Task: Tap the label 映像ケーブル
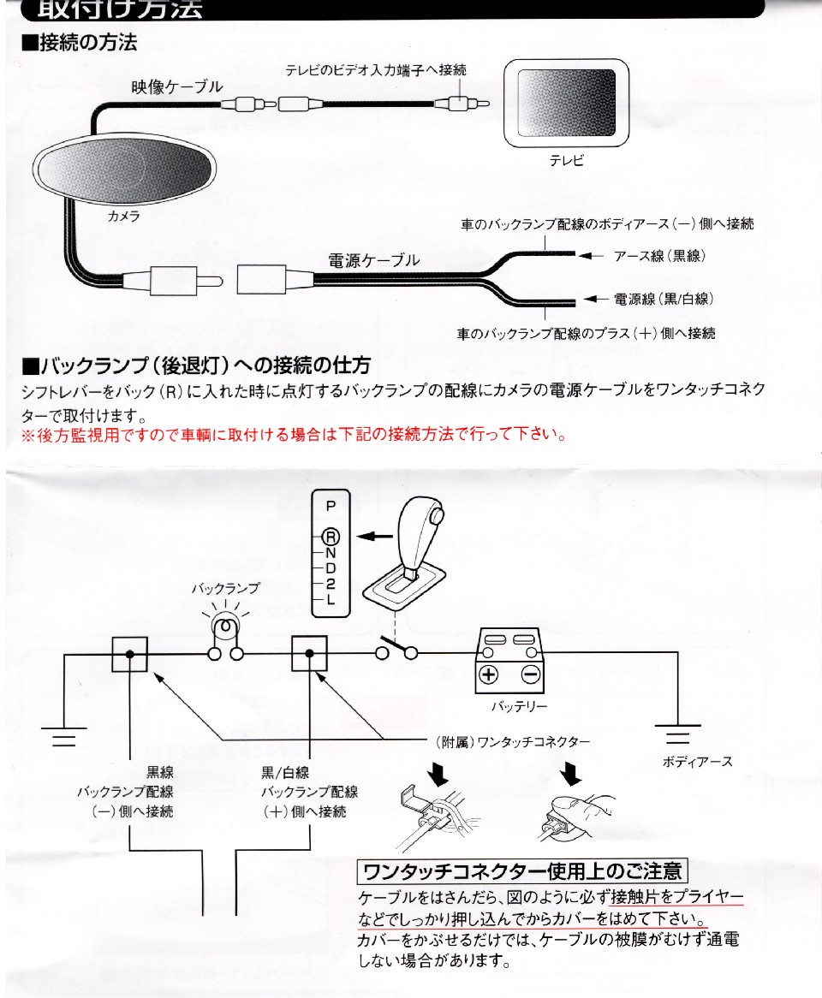click(x=176, y=87)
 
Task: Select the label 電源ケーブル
click(x=374, y=260)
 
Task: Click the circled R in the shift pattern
click(x=331, y=536)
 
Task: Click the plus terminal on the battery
click(x=488, y=673)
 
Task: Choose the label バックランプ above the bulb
click(x=224, y=588)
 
